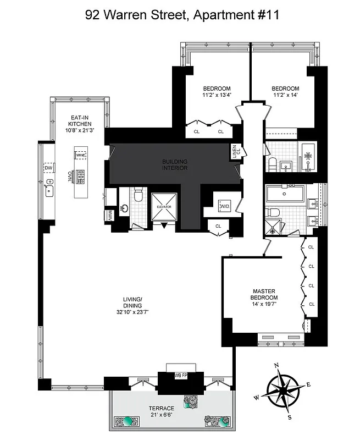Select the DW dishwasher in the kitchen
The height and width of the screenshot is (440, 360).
click(48, 168)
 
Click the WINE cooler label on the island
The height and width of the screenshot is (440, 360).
click(81, 156)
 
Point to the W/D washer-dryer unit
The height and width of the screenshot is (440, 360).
click(224, 206)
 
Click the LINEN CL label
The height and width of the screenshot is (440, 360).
click(235, 150)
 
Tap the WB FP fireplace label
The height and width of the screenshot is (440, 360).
click(179, 376)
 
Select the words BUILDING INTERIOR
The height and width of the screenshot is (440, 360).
click(174, 164)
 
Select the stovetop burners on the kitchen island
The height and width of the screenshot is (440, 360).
click(80, 176)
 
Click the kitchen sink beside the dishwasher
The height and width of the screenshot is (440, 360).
click(49, 190)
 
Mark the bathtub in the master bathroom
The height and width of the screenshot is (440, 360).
click(285, 194)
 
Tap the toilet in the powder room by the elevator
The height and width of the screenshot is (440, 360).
click(139, 195)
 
